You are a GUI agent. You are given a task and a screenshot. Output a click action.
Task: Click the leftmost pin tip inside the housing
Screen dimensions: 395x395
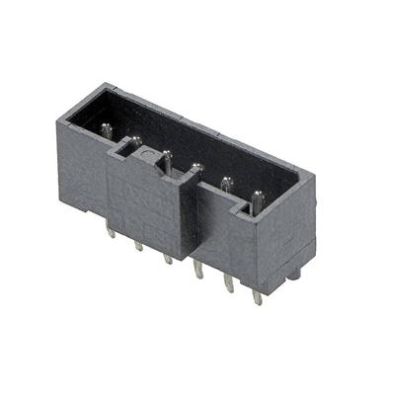106,127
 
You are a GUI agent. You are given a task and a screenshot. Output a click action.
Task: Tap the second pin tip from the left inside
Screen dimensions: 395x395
135,141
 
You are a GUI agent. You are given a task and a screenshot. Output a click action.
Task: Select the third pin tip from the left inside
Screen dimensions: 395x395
167,155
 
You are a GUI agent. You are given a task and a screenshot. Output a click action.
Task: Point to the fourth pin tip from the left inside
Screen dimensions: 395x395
197,168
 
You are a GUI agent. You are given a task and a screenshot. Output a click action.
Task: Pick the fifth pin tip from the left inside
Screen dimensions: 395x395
226,182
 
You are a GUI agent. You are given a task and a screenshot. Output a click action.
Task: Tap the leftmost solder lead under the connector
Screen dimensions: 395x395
111,234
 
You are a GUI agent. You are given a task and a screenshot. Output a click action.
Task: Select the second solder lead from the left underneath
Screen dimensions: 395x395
139,246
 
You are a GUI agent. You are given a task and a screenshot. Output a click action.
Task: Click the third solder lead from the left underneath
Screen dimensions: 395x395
169,260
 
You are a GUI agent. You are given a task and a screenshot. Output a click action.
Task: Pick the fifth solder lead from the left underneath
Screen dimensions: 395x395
229,286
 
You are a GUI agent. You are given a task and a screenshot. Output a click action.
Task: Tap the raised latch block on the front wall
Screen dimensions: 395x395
148,197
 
